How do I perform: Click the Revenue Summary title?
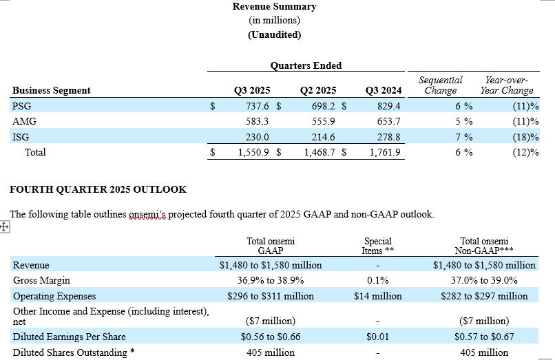click(274, 6)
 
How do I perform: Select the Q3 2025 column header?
click(252, 90)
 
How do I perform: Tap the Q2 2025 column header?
click(318, 90)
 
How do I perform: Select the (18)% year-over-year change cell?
click(525, 137)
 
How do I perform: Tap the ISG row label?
click(21, 137)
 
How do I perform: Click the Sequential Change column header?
click(441, 85)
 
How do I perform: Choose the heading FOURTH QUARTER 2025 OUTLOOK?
click(97, 189)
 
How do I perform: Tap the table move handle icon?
click(4, 227)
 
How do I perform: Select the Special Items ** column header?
click(377, 246)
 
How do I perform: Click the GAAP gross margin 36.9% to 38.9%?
click(270, 280)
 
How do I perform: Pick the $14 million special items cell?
click(377, 296)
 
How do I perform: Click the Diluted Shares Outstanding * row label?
click(70, 352)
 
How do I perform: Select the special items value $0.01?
click(377, 337)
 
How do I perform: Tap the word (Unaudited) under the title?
click(274, 34)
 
